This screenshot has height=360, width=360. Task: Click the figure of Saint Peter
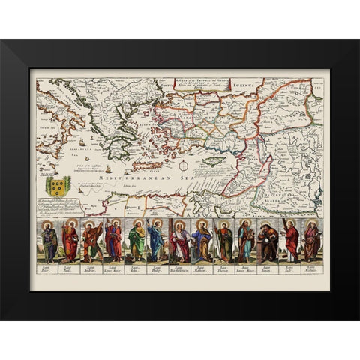click(x=49, y=241)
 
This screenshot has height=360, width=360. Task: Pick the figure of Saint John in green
click(x=136, y=241)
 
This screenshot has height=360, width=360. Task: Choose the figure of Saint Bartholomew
click(x=180, y=241)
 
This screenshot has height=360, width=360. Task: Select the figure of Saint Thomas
click(x=224, y=241)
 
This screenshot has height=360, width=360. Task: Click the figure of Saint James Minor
click(x=246, y=241)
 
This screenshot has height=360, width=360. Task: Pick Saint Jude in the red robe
click(x=289, y=241)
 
